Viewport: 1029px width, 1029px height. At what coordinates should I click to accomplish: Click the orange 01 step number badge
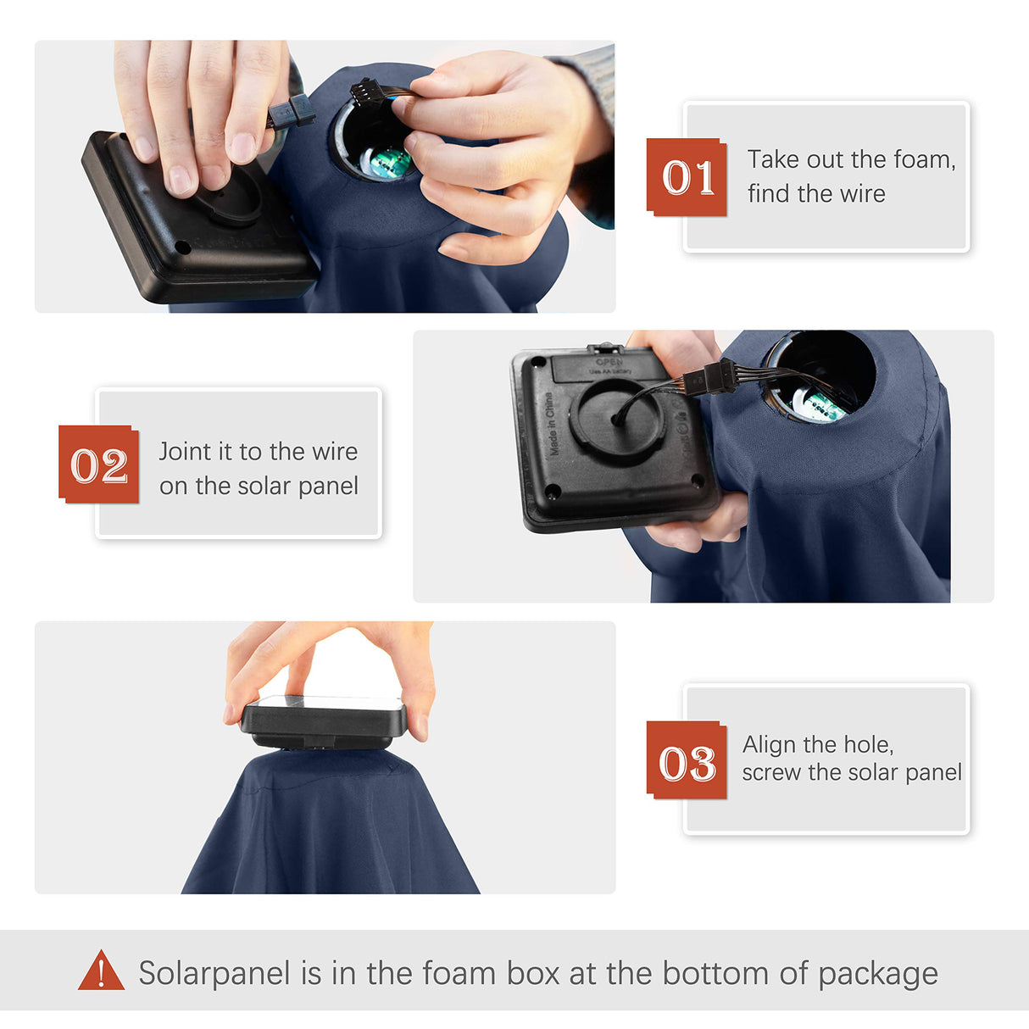(x=687, y=177)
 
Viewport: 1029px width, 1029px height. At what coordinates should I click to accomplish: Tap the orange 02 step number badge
(x=99, y=464)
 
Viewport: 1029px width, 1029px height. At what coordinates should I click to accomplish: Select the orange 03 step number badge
(x=687, y=759)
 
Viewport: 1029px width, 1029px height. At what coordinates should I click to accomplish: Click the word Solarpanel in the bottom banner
(x=214, y=972)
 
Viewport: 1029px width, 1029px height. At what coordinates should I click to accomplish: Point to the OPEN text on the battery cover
(x=609, y=362)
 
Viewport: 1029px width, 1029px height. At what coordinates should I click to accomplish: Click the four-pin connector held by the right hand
(x=364, y=91)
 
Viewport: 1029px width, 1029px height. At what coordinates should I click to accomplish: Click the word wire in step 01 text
(x=862, y=194)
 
